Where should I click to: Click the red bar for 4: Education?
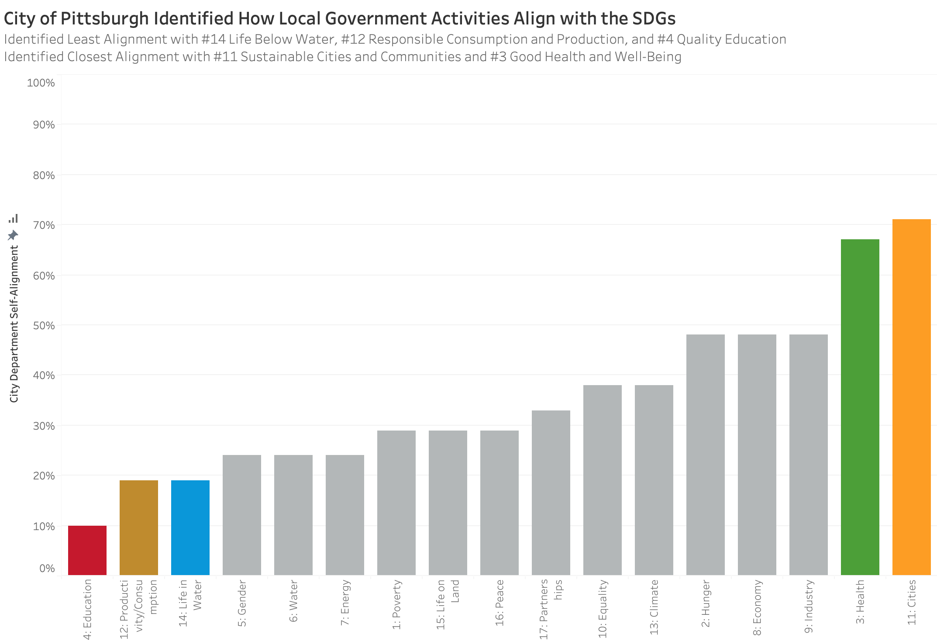point(87,550)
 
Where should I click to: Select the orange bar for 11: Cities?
point(911,397)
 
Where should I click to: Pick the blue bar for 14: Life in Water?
point(190,527)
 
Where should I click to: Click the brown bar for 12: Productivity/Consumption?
point(139,527)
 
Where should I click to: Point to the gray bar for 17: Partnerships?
point(551,493)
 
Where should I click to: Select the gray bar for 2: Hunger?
point(705,455)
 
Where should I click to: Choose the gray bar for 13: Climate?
point(654,480)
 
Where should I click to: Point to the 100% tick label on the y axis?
point(41,83)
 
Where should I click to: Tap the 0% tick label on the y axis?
point(47,569)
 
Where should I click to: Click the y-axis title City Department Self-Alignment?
point(14,324)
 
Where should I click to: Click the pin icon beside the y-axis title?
point(13,235)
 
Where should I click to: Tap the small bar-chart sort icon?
point(14,218)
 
